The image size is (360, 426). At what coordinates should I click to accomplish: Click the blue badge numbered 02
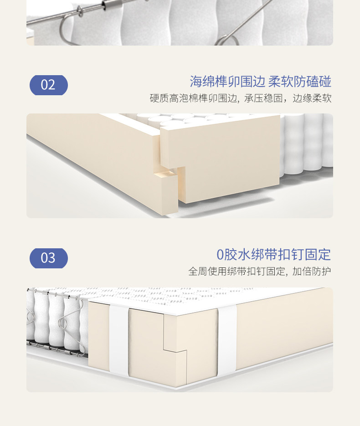pos(49,85)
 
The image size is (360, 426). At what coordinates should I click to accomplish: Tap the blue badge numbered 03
pos(49,258)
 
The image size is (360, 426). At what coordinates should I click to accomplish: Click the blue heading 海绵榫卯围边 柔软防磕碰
pos(260,82)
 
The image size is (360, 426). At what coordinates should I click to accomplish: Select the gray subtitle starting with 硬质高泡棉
pos(241,98)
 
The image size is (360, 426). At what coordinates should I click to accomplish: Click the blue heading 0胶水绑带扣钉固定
pos(273,255)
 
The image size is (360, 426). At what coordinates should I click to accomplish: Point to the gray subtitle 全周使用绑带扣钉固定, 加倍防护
pos(260,271)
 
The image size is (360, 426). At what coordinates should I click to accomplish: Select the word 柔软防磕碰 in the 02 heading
pos(300,82)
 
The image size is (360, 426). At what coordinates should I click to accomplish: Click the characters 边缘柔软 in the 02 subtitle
pos(312,98)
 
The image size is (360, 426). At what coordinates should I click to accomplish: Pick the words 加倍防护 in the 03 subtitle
pos(312,271)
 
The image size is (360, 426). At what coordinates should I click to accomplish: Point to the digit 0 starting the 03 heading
pos(220,255)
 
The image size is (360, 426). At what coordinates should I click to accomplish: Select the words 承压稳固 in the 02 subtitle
pos(263,98)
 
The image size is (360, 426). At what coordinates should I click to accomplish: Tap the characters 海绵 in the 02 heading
pos(202,82)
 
